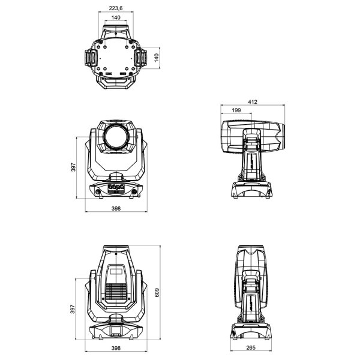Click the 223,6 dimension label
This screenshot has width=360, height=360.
116,8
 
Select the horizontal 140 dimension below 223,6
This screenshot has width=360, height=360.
116,18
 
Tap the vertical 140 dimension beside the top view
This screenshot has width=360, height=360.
155,58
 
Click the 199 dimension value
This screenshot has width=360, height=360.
236,111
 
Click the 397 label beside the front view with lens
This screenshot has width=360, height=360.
73,168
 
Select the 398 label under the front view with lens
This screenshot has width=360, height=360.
116,208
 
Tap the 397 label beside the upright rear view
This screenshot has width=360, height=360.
73,309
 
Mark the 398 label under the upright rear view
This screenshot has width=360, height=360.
116,348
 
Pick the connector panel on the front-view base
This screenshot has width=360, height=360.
116,189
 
